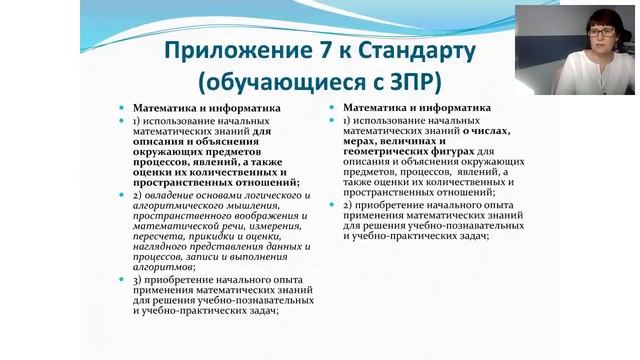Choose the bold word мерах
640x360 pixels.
(x=359, y=140)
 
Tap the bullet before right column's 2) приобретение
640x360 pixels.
(x=335, y=205)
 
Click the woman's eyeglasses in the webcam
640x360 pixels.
(x=601, y=32)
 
